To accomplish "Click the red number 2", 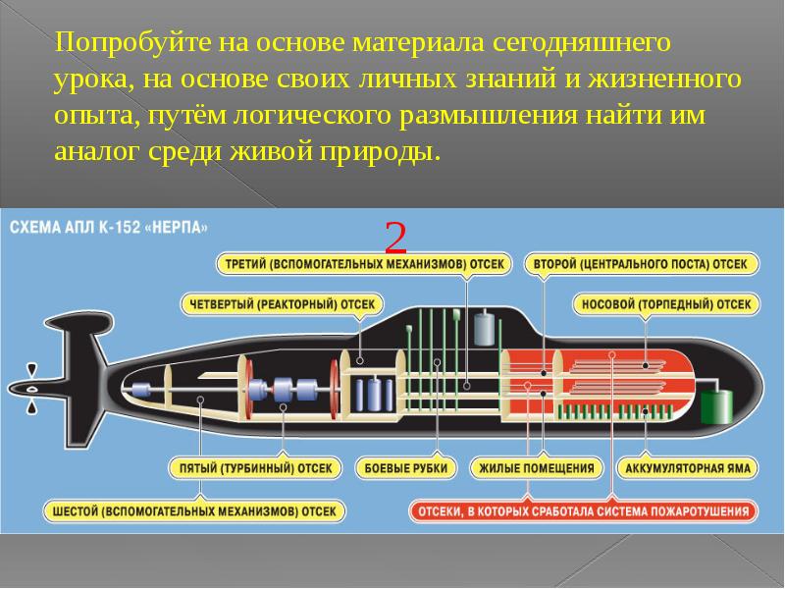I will [x=396, y=239].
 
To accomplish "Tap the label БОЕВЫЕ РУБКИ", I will [x=405, y=467].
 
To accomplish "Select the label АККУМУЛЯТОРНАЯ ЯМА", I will [x=686, y=467].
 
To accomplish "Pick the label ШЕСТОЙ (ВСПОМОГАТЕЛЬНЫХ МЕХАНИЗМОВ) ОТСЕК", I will [x=196, y=511].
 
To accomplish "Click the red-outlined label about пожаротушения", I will [x=583, y=511].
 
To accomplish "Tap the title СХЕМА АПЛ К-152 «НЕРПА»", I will [x=109, y=227].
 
